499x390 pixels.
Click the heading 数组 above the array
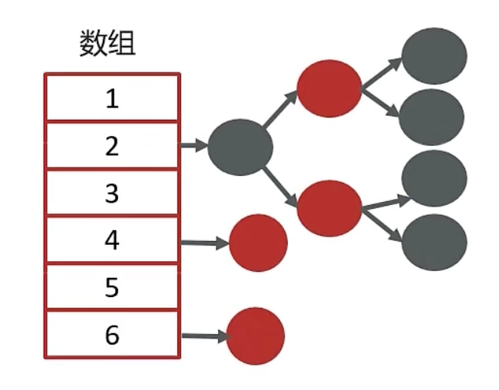pyautogui.click(x=107, y=44)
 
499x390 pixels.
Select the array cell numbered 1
pyautogui.click(x=112, y=97)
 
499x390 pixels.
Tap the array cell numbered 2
pyautogui.click(x=112, y=145)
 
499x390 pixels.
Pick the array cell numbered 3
pyautogui.click(x=112, y=193)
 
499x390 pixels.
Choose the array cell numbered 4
pyautogui.click(x=112, y=240)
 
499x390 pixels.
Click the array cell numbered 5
pyautogui.click(x=112, y=288)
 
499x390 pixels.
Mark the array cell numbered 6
pyautogui.click(x=112, y=335)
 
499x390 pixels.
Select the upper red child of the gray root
pyautogui.click(x=329, y=88)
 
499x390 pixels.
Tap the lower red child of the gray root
pyautogui.click(x=329, y=207)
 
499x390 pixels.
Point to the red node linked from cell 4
pyautogui.click(x=258, y=243)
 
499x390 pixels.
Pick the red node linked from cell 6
pyautogui.click(x=256, y=335)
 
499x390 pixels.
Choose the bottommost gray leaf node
pyautogui.click(x=435, y=241)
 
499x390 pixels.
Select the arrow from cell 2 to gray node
pyautogui.click(x=195, y=144)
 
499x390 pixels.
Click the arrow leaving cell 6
pyautogui.click(x=204, y=335)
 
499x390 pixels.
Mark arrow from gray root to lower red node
pyautogui.click(x=282, y=187)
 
